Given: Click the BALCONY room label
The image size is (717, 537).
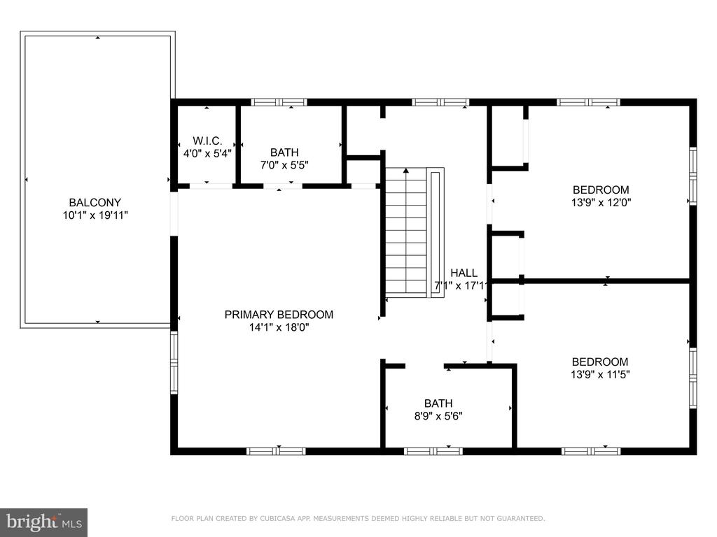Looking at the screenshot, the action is pos(95,202).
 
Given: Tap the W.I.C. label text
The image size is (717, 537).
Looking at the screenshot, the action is pos(207,141).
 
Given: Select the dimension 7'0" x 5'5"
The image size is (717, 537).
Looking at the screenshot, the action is pos(284,165).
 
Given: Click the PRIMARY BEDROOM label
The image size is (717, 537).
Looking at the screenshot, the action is pos(279,314).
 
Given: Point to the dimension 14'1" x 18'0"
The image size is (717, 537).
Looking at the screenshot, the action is pos(279,327).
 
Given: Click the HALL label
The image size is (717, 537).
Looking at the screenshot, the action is pos(464,273).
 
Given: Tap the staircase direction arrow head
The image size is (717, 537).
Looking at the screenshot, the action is pos(406,171).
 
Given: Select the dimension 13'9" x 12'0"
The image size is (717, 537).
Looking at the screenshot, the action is pos(601,202).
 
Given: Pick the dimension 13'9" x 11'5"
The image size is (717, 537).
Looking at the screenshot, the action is pos(600,375).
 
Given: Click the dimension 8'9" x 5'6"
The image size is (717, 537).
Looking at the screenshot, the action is pos(438,416).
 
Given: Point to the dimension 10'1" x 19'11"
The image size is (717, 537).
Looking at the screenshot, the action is pos(95,215).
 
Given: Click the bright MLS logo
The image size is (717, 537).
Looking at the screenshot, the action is pos(44,522).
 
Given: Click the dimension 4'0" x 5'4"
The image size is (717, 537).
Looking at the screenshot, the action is pos(207,153).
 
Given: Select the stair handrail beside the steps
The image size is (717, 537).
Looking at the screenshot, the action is pos(436,233).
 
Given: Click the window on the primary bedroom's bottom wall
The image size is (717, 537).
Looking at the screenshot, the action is pos(276,452).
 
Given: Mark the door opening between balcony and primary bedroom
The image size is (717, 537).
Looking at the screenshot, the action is pos(174,214).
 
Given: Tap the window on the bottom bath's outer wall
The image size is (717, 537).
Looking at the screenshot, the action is pos(433,452).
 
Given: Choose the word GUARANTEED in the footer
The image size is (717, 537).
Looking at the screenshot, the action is pos(521,518).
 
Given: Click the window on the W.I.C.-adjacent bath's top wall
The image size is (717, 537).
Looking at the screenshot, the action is pos(279,102).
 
